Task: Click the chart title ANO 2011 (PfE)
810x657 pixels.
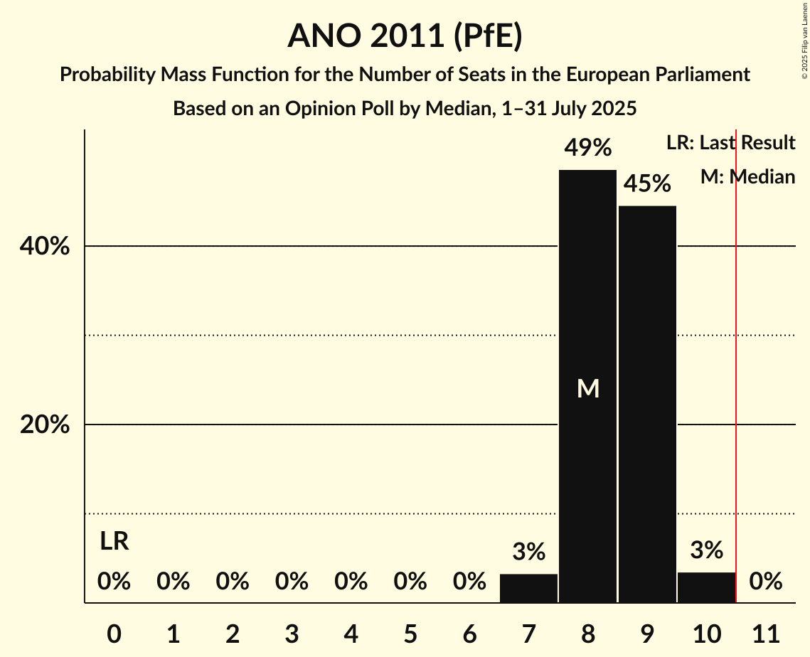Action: pos(405,36)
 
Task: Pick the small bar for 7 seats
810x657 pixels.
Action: pos(528,588)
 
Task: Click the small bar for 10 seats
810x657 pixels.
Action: pos(706,587)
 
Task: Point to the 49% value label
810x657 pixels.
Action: pos(587,148)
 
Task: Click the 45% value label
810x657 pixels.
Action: pos(647,184)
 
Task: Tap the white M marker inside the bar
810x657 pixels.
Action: pos(588,388)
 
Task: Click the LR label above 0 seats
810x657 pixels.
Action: pos(114,542)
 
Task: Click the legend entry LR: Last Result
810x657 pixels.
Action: pos(730,143)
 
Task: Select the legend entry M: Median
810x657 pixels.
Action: pos(747,177)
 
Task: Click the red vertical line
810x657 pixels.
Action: pos(736,356)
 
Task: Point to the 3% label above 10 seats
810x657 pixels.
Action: pos(706,550)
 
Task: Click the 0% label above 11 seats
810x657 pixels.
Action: pos(766,582)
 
